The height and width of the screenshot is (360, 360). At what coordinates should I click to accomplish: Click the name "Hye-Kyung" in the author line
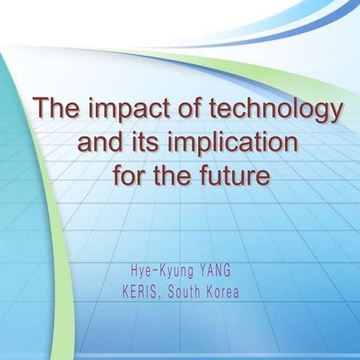[x=160, y=268]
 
